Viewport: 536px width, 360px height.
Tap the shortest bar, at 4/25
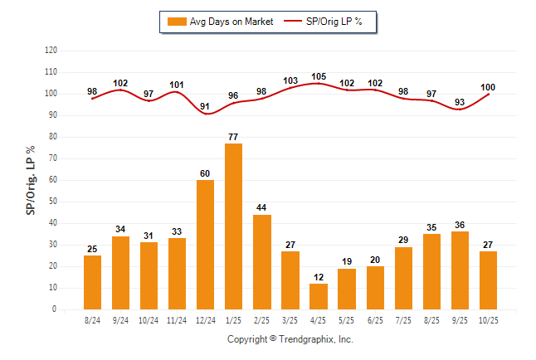coord(319,296)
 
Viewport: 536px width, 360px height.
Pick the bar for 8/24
coord(93,282)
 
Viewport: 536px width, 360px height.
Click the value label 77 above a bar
coord(234,136)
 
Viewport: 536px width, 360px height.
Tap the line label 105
coord(319,76)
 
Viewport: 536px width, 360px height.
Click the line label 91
coord(206,106)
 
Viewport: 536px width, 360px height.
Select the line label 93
coord(460,102)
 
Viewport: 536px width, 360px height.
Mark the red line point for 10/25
coord(488,94)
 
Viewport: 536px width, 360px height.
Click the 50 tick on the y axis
coord(52,202)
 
